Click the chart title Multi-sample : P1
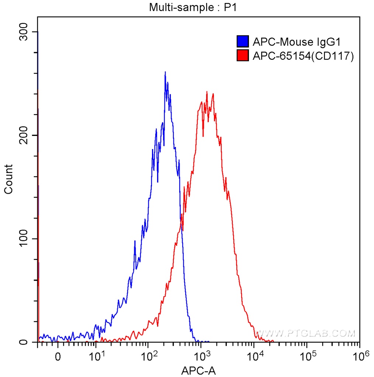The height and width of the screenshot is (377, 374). click(x=192, y=7)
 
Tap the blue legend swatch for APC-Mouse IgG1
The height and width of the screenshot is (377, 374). click(x=242, y=41)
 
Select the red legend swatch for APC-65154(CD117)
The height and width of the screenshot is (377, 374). click(x=242, y=56)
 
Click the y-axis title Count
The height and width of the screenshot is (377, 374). click(x=8, y=179)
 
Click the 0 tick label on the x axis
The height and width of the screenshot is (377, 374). click(x=58, y=357)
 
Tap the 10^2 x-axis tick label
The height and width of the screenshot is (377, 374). click(x=149, y=356)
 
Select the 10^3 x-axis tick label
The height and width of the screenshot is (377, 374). click(x=202, y=356)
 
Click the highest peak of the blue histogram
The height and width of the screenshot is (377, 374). click(x=165, y=72)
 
